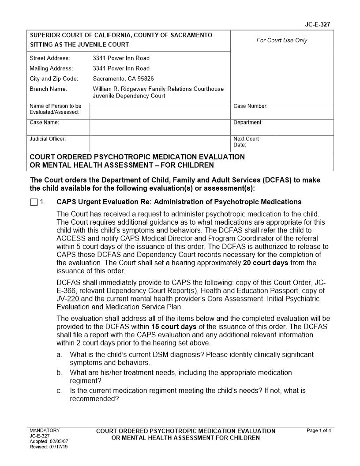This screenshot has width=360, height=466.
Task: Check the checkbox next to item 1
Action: [34, 203]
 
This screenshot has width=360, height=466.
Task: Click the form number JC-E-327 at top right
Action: [317, 25]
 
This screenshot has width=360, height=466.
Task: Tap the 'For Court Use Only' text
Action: [282, 41]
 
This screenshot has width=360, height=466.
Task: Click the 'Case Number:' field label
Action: [250, 106]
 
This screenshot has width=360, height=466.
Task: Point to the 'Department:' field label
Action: [248, 123]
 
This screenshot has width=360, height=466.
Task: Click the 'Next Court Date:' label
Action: [246, 142]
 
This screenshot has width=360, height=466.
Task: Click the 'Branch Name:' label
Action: [48, 89]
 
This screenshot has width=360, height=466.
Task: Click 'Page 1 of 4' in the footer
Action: [319, 431]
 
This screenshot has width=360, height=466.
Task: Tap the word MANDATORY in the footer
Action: [44, 431]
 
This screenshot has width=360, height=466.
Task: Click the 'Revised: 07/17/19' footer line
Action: [49, 447]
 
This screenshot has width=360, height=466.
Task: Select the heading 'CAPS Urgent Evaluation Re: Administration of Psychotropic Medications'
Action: [179, 202]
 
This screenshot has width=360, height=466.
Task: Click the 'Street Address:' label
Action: [49, 58]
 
